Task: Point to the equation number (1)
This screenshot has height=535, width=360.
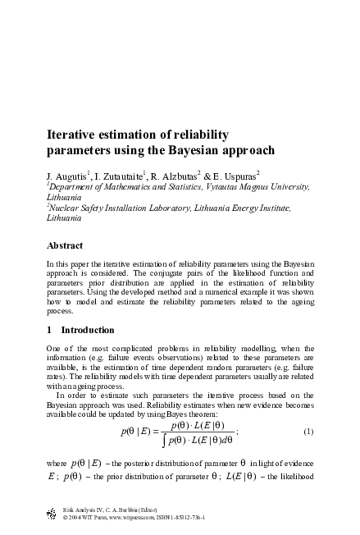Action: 308,432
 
